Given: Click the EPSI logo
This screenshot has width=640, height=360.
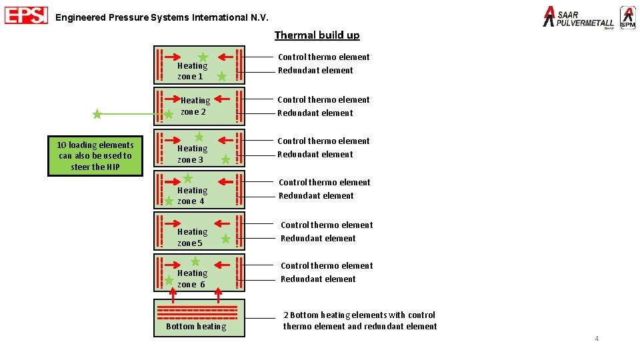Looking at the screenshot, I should tap(26, 15).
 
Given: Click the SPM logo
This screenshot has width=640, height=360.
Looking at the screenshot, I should tap(627, 17).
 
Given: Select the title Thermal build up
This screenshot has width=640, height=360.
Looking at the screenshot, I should tap(317, 35).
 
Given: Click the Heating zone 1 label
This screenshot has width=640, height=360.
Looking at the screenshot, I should tap(192, 71).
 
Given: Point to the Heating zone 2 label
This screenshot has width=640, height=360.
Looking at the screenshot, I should tap(195, 106).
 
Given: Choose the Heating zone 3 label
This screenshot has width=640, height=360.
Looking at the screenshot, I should tap(192, 154).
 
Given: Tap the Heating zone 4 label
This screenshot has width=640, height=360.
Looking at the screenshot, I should tap(192, 195).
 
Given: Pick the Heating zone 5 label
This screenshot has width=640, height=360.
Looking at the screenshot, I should tap(192, 237).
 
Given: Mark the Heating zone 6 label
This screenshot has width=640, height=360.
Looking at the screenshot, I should tap(192, 279).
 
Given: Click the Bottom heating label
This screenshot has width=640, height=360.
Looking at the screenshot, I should tap(196, 327).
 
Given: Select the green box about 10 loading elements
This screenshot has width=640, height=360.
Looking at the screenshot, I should tap(95, 156).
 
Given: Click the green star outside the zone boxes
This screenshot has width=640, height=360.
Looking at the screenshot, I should tap(97, 115).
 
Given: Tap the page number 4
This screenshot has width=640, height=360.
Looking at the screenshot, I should tap(597, 339).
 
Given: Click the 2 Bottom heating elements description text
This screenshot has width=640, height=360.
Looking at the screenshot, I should tap(360, 321).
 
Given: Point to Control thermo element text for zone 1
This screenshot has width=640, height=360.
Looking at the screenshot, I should tap(323, 57).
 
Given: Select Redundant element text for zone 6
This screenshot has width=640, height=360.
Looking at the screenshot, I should tap(318, 279).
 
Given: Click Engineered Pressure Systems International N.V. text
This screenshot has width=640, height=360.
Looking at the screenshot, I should tap(162, 18).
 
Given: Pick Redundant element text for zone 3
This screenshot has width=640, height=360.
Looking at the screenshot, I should tap(315, 155).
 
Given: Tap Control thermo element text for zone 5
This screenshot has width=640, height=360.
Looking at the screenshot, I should tap(327, 225).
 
